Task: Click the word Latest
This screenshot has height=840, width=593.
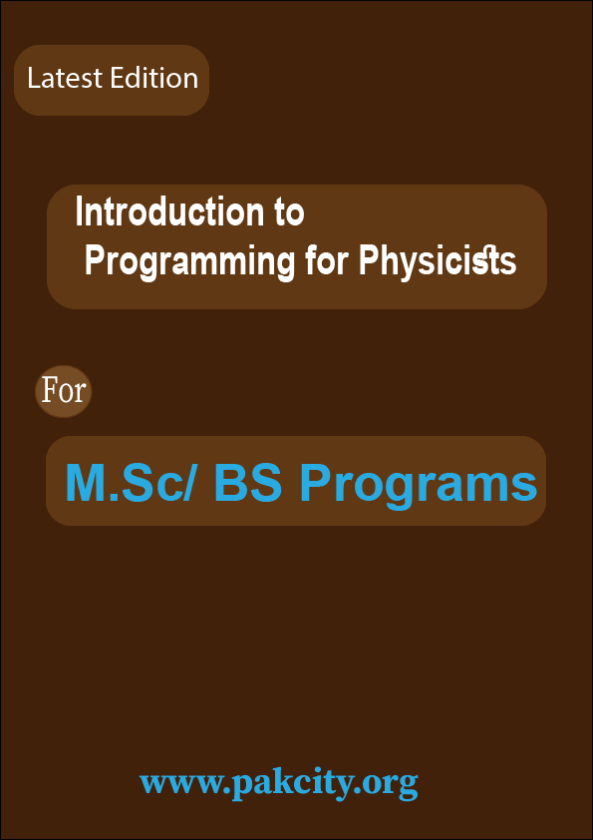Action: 62,79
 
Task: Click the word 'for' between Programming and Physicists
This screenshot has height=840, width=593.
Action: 326,261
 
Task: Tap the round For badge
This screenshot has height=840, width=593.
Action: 64,390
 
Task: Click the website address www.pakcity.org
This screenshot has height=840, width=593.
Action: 278,781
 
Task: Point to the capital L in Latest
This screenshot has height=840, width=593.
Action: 33,79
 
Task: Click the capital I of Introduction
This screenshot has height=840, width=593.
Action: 80,212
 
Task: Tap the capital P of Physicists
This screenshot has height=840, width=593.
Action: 367,261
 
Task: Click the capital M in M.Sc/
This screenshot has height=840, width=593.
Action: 86,484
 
